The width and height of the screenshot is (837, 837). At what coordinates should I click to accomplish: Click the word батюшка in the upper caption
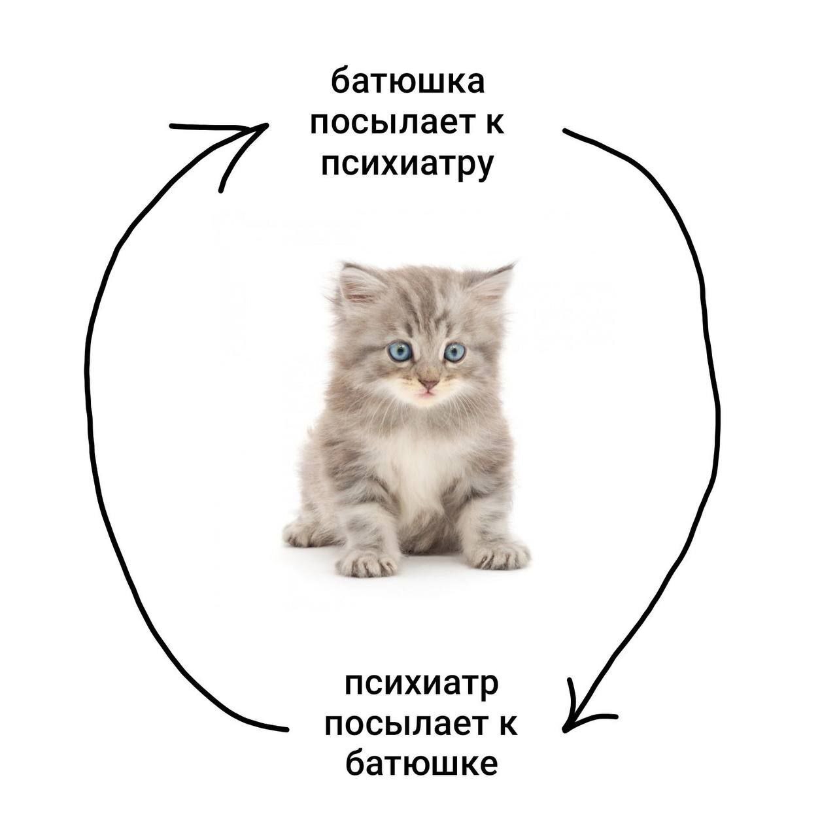(407, 81)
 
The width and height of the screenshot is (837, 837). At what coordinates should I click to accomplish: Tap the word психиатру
(407, 166)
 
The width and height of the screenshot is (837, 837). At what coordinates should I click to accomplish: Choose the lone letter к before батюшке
(509, 731)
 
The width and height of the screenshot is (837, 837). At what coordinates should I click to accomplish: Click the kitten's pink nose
(429, 384)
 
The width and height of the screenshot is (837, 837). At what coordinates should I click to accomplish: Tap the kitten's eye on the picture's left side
(400, 351)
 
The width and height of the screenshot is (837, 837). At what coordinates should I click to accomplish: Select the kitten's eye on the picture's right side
(454, 352)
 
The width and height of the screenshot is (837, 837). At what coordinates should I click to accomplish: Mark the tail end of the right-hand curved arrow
(564, 130)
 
